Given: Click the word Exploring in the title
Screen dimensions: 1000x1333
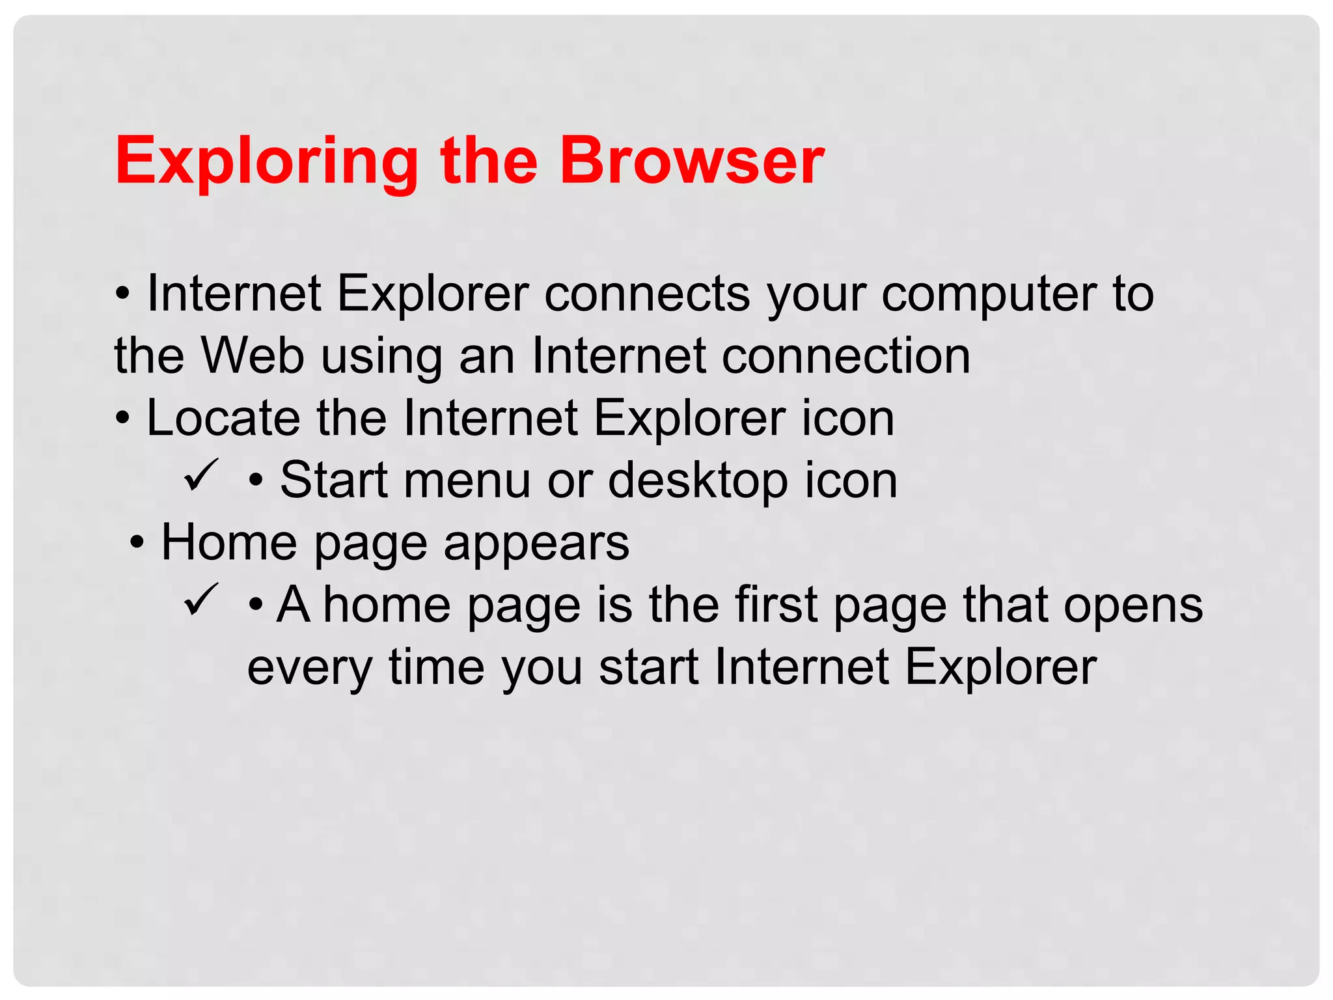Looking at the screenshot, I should (x=266, y=161).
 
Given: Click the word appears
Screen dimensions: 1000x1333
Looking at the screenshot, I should (x=536, y=543).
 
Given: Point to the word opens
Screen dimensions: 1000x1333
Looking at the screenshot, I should (x=1133, y=605).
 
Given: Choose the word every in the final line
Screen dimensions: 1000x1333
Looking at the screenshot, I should (x=309, y=667).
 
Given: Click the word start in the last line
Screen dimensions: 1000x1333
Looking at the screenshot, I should (x=648, y=667).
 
